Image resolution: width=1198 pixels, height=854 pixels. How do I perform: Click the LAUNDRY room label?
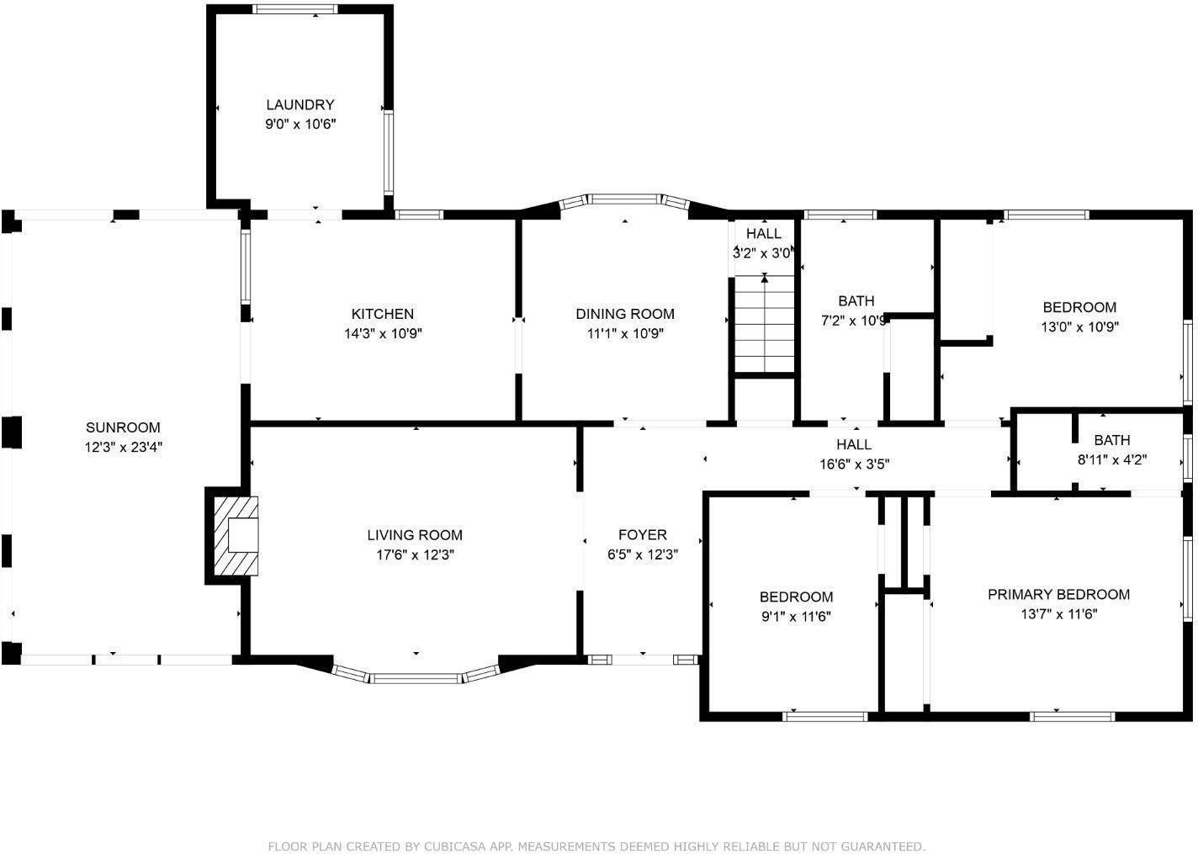300,105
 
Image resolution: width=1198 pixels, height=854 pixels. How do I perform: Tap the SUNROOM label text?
123,427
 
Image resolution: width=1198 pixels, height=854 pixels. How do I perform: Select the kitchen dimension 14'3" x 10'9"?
383,333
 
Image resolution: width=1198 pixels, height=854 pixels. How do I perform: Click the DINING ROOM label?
625,314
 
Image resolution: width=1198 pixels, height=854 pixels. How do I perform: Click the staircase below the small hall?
764,324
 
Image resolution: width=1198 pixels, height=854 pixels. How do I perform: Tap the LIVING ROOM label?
415,535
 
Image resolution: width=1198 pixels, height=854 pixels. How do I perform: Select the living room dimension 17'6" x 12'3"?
415,555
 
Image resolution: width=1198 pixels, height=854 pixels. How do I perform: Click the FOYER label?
643,535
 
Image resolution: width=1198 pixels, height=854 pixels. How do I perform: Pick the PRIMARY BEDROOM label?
1058,595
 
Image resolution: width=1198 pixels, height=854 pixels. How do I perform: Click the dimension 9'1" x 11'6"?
796,617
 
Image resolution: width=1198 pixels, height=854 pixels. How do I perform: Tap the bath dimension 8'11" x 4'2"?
1112,460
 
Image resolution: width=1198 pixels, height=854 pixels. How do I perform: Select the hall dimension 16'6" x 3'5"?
854,464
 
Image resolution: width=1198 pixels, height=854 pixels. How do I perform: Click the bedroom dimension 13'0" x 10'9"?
1079,327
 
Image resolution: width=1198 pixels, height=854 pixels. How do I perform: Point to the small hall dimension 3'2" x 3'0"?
764,252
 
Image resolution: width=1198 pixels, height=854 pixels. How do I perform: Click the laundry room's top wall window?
295,9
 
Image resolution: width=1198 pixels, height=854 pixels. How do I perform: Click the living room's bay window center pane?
416,677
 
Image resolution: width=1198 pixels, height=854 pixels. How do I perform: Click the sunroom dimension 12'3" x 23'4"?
123,448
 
